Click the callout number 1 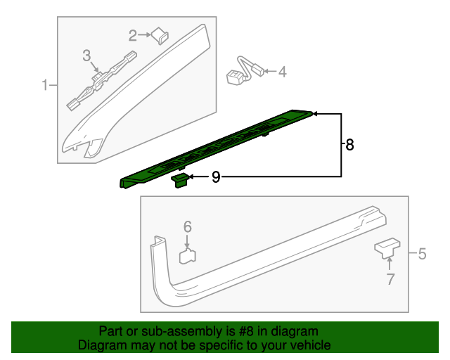[x=44, y=86]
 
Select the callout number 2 [x=132, y=34]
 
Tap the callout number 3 [x=86, y=55]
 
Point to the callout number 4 [x=283, y=71]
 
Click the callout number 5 [x=422, y=254]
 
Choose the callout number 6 [x=188, y=226]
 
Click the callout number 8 [x=349, y=145]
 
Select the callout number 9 [x=216, y=178]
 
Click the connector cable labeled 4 [x=243, y=71]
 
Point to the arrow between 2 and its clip [x=146, y=34]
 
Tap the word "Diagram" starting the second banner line [x=99, y=345]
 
